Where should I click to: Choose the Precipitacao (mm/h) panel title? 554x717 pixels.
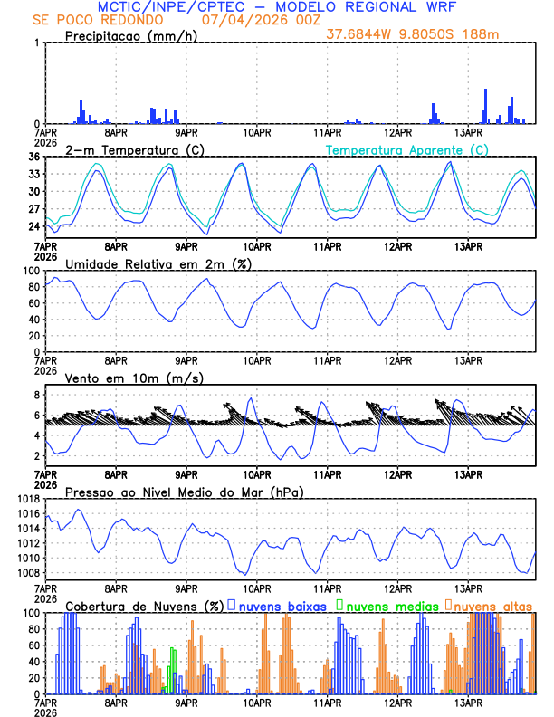pos(132,36)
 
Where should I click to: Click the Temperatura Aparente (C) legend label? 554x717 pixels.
pos(406,149)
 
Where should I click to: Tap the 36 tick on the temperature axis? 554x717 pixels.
pos(33,158)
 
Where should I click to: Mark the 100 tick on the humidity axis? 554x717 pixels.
pos(30,271)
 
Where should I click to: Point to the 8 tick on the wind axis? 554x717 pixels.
pos(37,395)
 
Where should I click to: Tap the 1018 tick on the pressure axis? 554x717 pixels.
pos(27,499)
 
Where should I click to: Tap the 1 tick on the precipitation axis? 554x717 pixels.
pos(37,43)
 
